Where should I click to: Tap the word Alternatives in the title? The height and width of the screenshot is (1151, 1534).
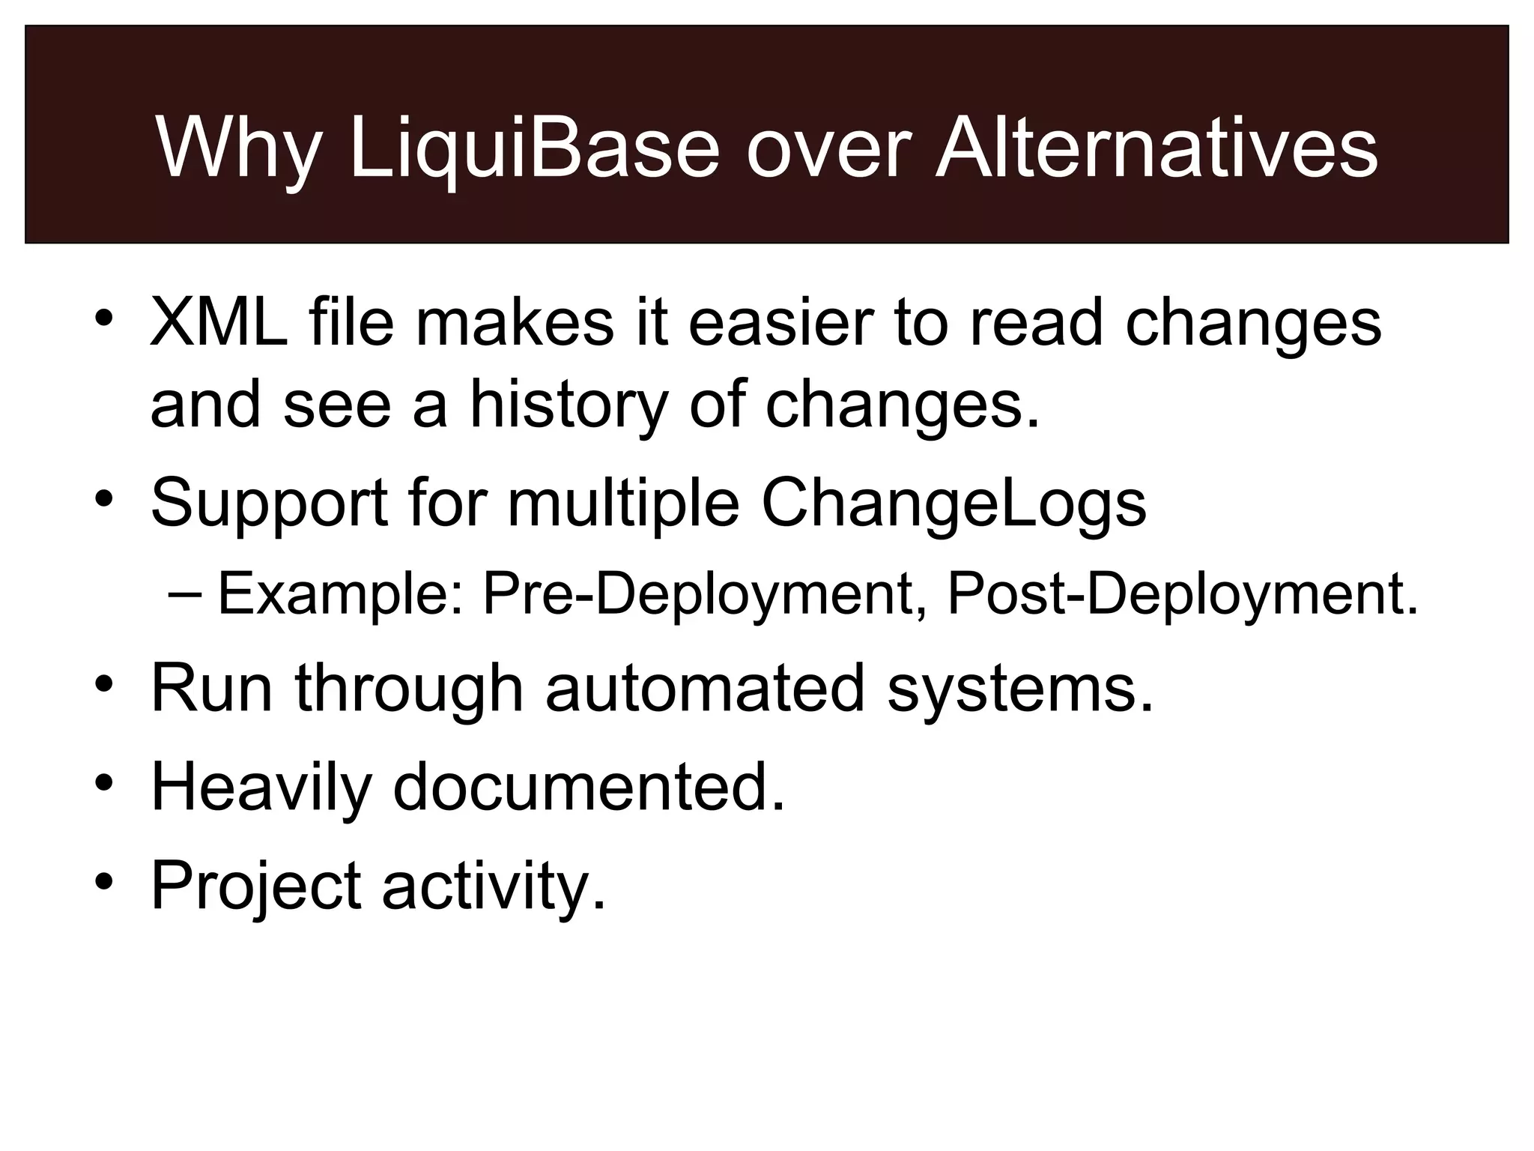(1155, 148)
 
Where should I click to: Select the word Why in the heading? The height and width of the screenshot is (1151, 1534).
(237, 148)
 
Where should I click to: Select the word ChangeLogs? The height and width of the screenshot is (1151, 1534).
(953, 503)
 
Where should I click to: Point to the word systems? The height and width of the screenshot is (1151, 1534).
(1019, 689)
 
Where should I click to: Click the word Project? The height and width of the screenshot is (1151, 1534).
(256, 886)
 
